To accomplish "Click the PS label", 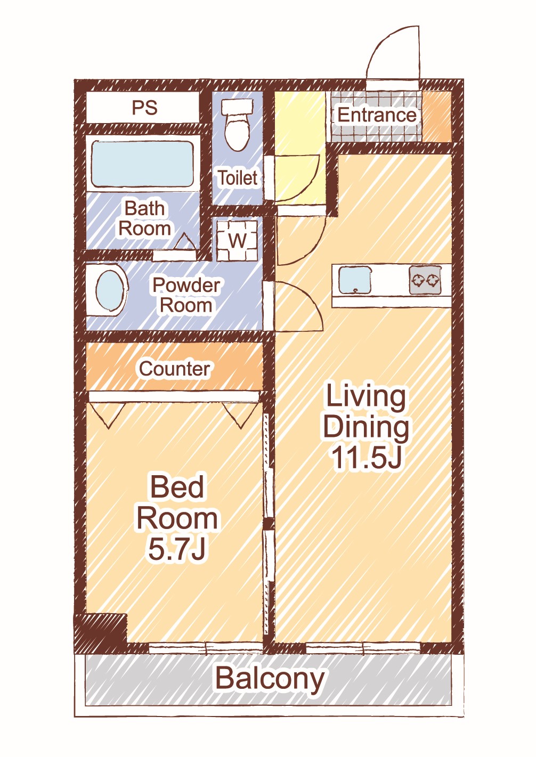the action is point(144,107).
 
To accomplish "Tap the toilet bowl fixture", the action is point(237,125).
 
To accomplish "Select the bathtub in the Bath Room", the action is point(142,164).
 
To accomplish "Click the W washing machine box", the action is point(237,241).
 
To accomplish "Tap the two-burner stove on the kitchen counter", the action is point(425,280).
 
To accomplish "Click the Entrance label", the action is point(377,115).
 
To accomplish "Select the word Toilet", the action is point(238,178).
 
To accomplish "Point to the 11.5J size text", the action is point(367,458).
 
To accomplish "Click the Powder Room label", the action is point(186,295).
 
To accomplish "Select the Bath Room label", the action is point(144,218).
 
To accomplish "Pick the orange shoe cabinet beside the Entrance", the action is point(437,116).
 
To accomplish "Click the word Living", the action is point(366,397).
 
